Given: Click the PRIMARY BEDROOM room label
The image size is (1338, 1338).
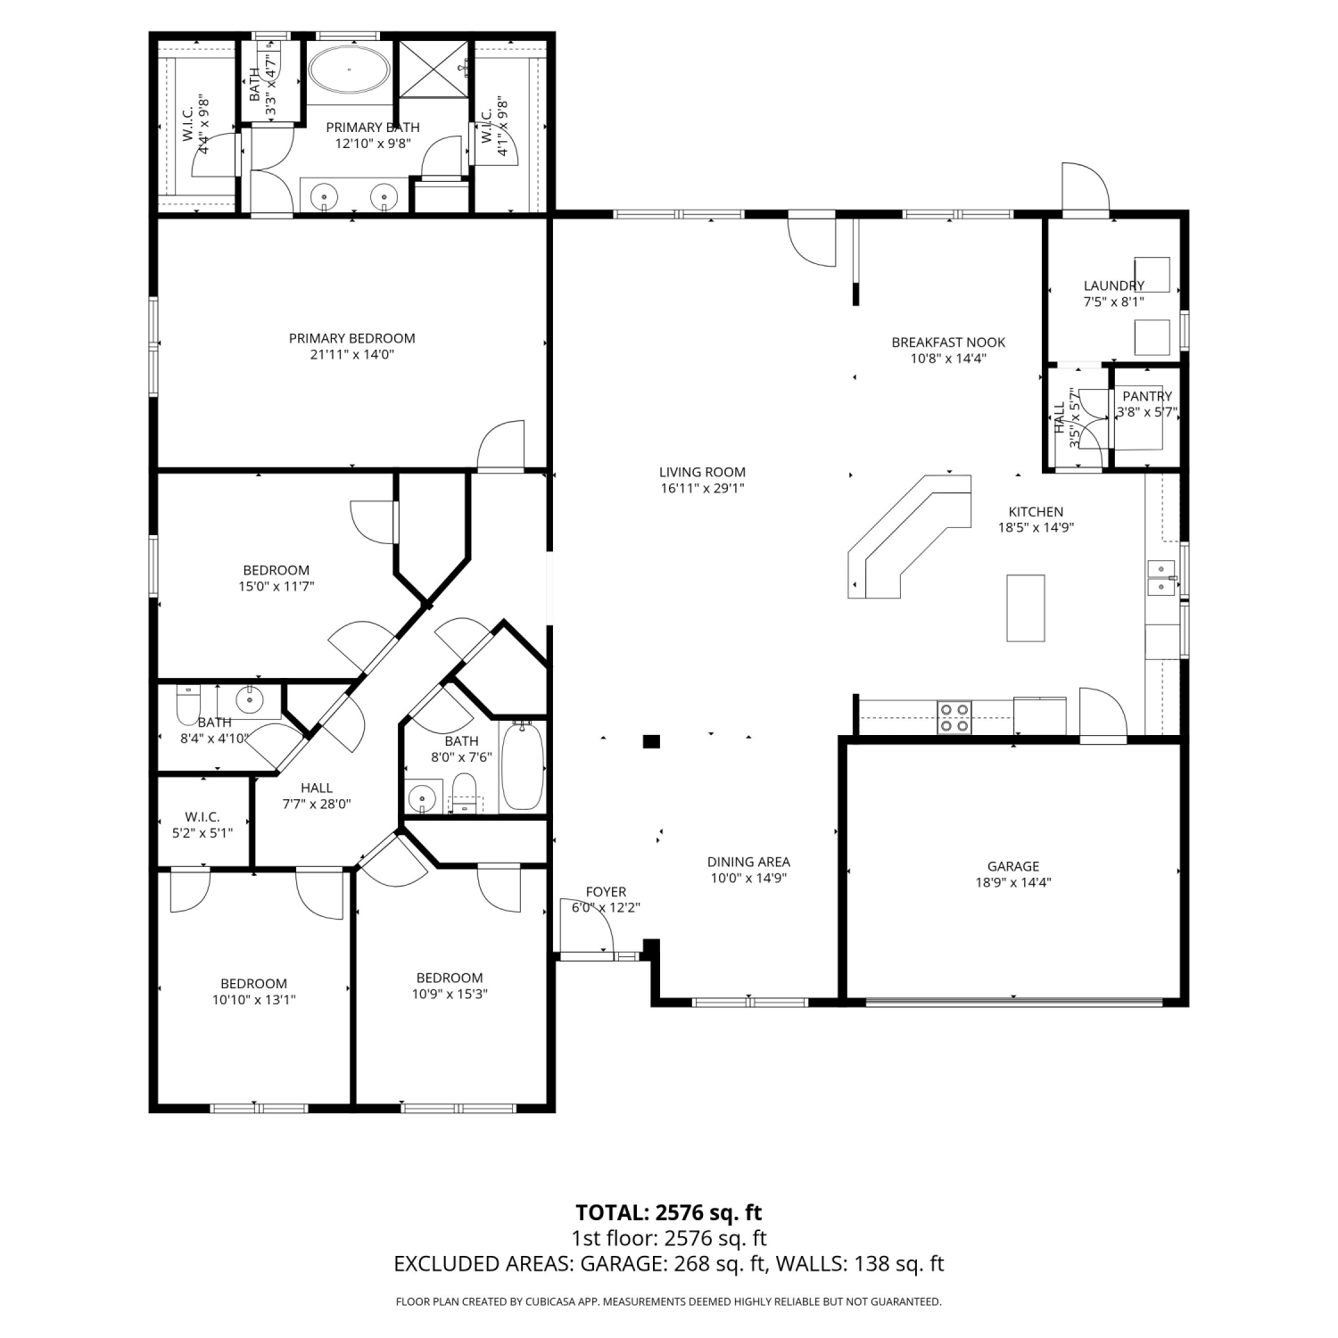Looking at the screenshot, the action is [x=351, y=338].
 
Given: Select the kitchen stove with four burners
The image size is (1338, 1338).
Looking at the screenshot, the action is [x=954, y=718].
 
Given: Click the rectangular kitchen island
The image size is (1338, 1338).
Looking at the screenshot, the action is [x=1026, y=607].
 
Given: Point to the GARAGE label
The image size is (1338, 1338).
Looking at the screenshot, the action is [x=1013, y=866].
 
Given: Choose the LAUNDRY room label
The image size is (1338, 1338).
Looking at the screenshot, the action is [x=1113, y=285].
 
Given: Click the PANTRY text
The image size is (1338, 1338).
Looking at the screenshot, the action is [x=1147, y=396].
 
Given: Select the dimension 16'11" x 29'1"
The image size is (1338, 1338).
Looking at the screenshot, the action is [x=702, y=488].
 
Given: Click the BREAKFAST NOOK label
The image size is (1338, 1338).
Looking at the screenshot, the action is [x=948, y=343].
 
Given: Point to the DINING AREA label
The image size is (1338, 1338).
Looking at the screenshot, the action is [x=748, y=862].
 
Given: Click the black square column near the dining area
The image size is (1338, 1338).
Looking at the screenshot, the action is [x=652, y=740].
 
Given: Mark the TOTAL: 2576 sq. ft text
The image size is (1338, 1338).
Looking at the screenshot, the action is [x=669, y=1212].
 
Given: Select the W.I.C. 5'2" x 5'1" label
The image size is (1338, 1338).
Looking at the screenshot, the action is [x=202, y=825].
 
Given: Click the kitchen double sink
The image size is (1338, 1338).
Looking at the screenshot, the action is [x=1161, y=577].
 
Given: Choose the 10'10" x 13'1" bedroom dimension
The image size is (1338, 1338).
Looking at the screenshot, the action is [x=253, y=1000].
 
